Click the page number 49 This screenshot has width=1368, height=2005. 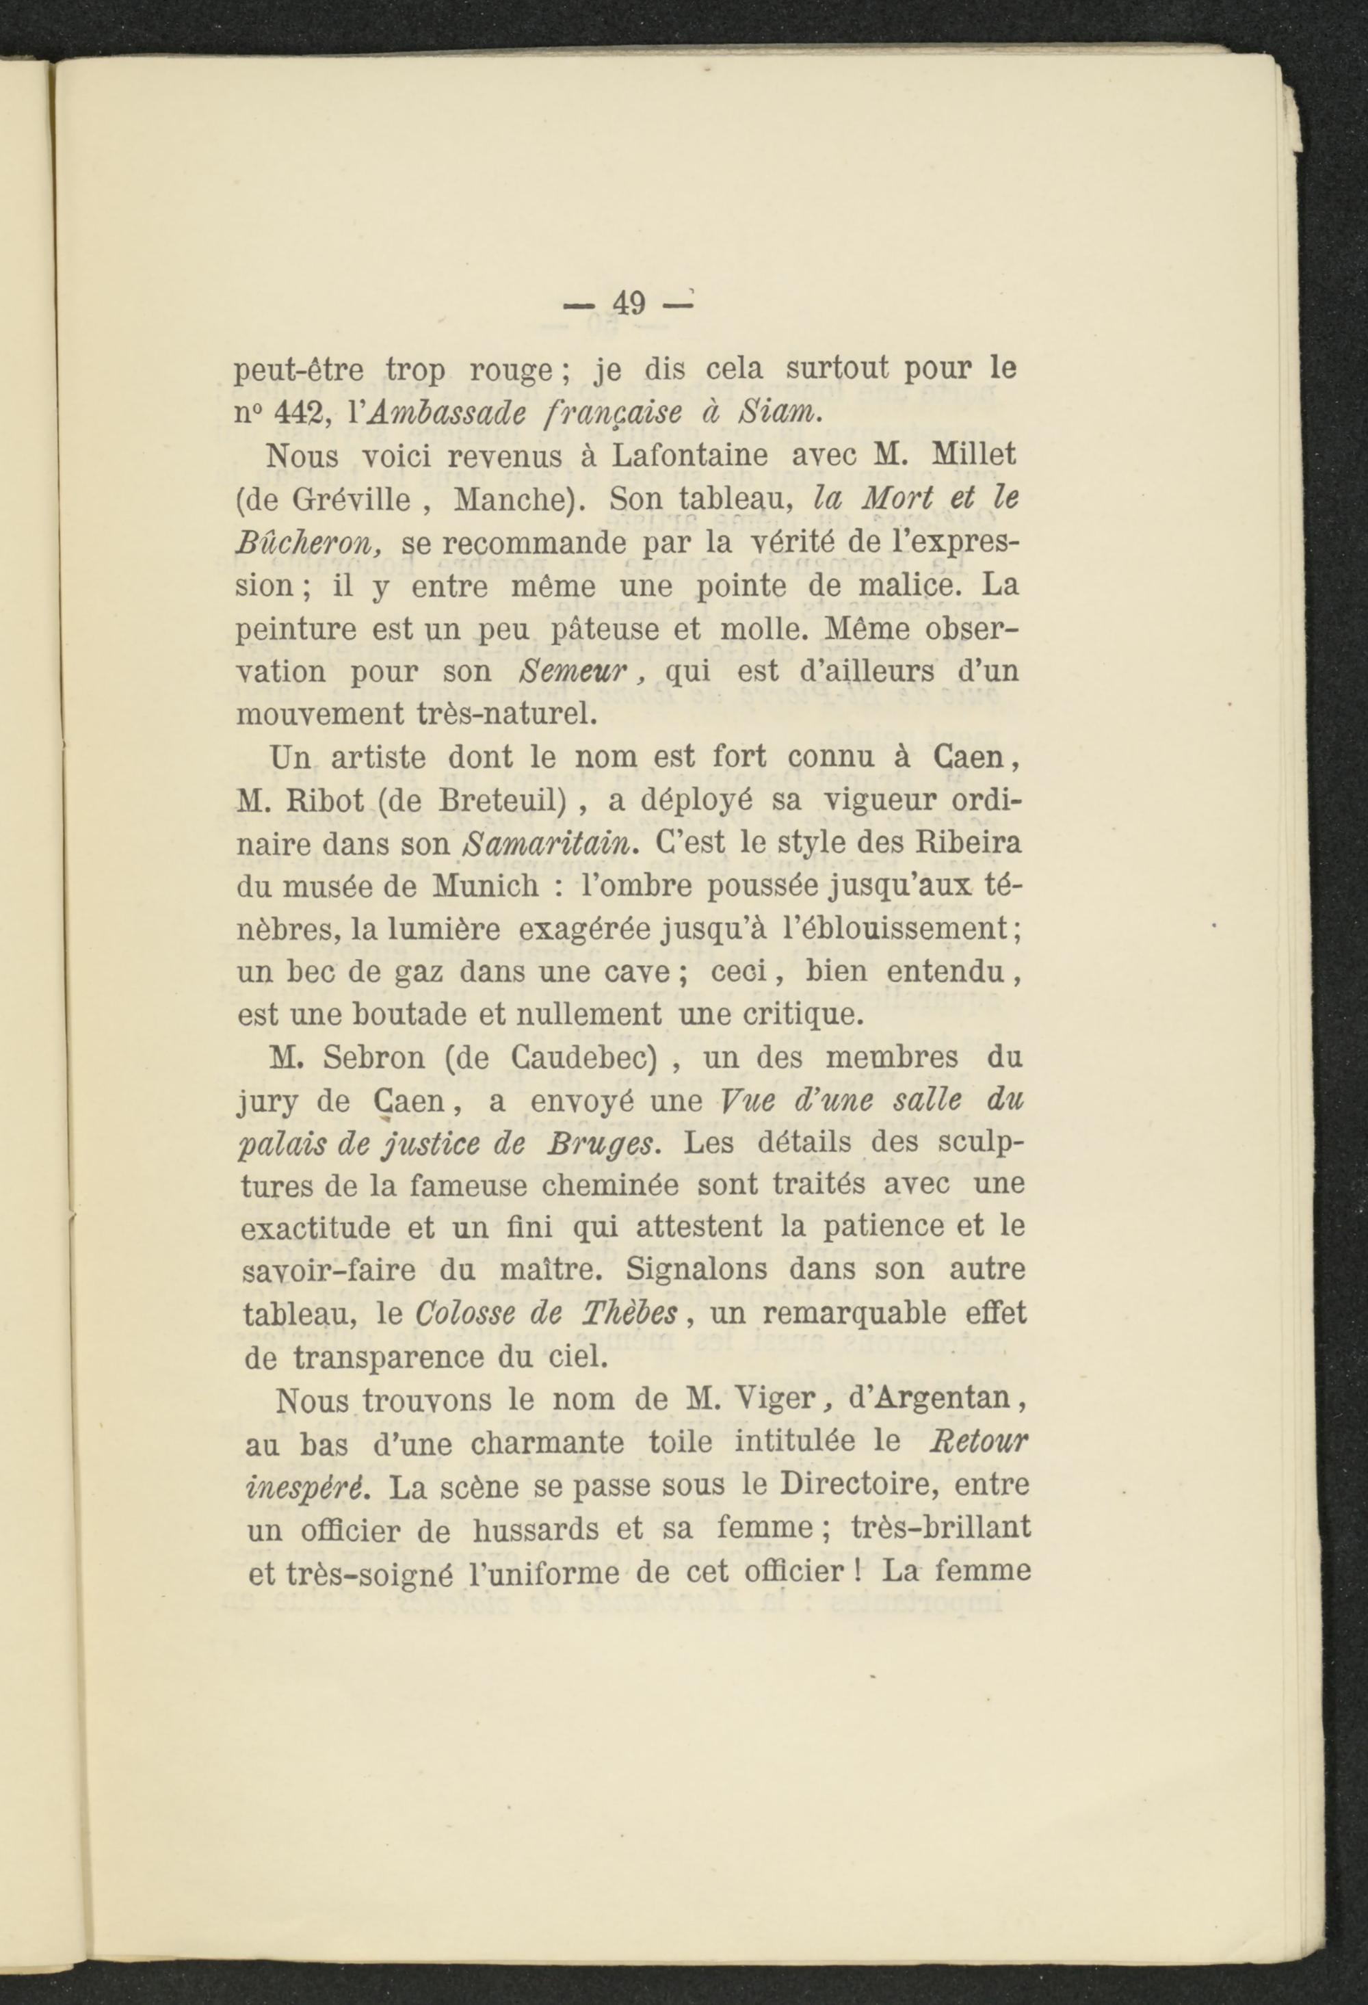(629, 304)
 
